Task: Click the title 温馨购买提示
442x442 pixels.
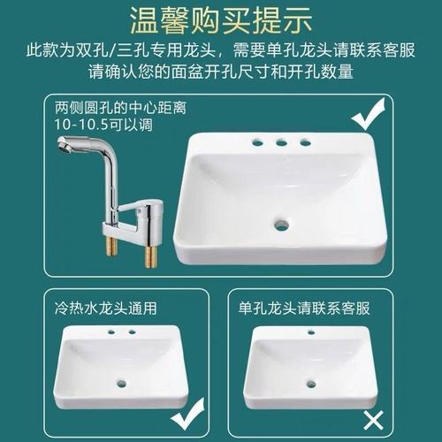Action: tap(221, 19)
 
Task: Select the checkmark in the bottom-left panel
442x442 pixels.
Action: tap(187, 414)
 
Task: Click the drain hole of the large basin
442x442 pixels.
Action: tap(281, 225)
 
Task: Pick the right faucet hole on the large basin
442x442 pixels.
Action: tap(305, 141)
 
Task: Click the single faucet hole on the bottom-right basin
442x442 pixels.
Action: tap(311, 333)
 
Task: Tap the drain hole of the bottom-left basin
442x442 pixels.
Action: tap(121, 384)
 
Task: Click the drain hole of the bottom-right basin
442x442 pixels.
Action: tap(310, 384)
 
